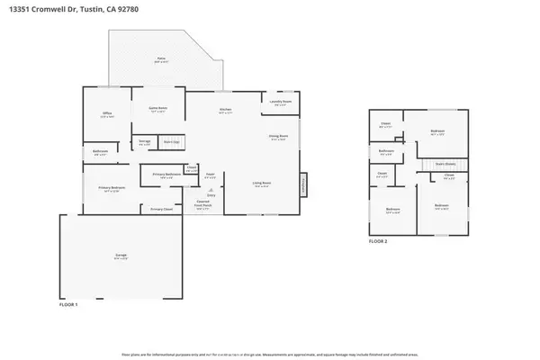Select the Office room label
coord(106,113)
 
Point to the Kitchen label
coord(226,110)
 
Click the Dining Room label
coord(278,137)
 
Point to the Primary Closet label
coord(161,209)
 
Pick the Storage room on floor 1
coord(144,141)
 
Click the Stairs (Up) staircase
coord(169,141)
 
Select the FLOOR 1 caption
coord(69,306)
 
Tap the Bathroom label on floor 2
coord(386,151)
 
